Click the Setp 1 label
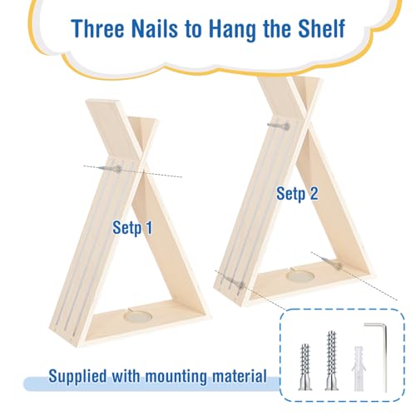(x=132, y=225)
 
